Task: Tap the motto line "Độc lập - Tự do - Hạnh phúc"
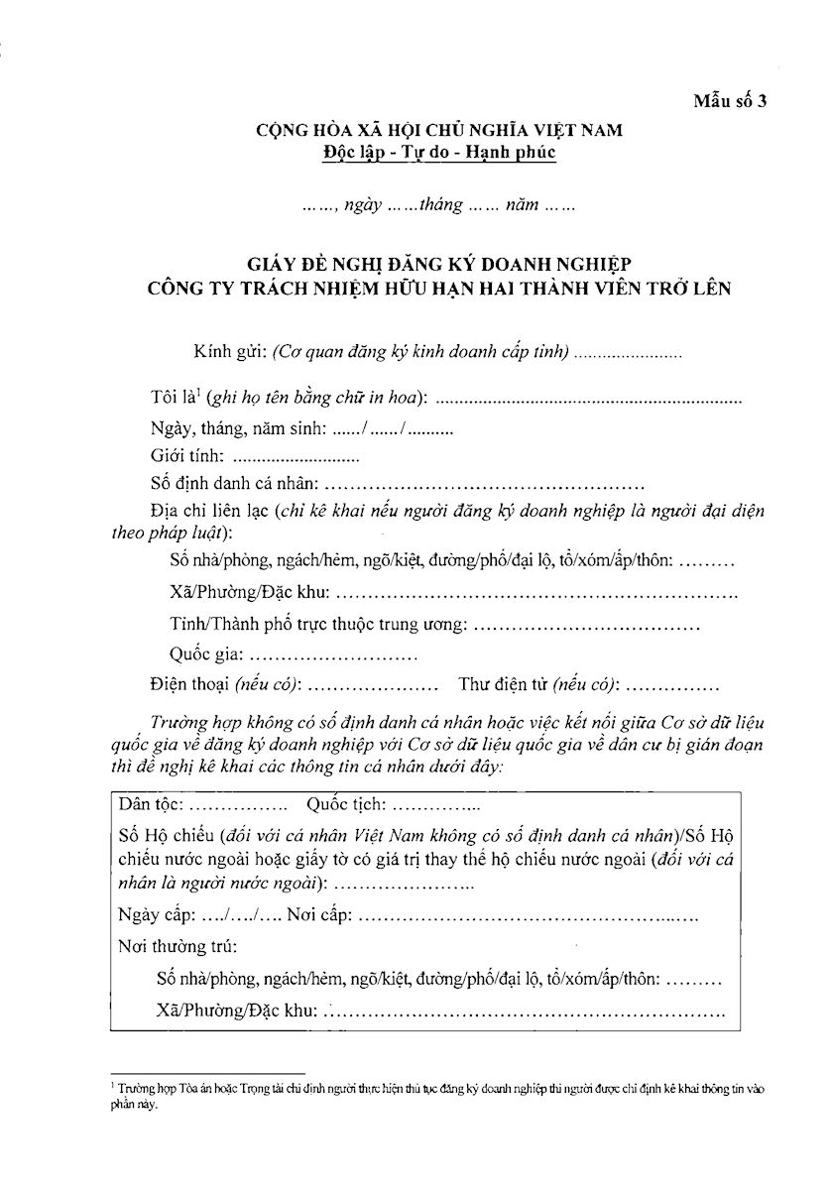click(x=439, y=153)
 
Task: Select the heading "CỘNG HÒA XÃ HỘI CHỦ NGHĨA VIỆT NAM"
click(x=439, y=130)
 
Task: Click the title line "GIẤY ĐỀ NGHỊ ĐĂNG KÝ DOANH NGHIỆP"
click(x=439, y=265)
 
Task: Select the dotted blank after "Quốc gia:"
click(x=332, y=655)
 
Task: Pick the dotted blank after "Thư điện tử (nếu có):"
click(x=673, y=684)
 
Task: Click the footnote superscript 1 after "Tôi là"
click(x=199, y=393)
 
